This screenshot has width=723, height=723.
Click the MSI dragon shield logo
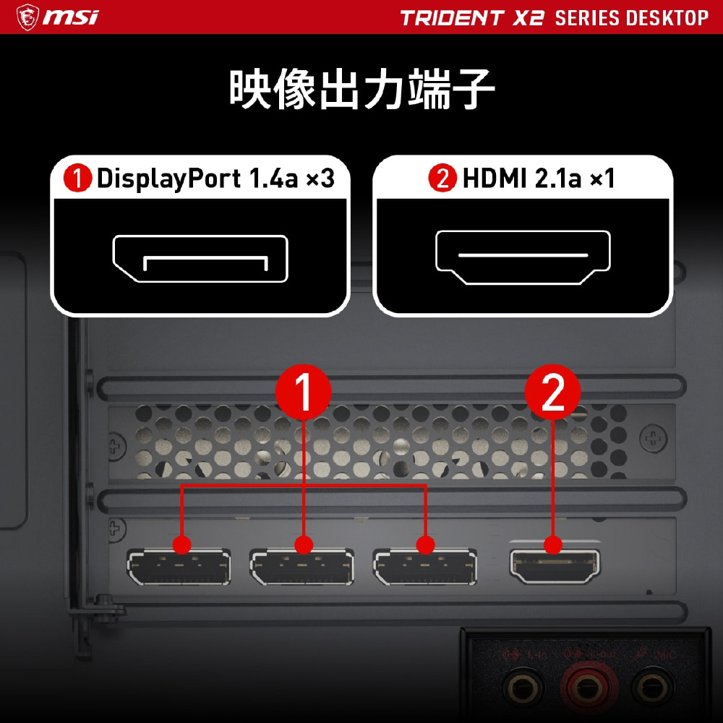click(27, 17)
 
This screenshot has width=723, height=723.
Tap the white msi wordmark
click(71, 18)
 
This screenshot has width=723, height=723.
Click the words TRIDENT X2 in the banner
click(472, 18)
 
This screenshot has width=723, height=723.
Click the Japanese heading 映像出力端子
click(361, 89)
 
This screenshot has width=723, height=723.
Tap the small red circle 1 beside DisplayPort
click(77, 178)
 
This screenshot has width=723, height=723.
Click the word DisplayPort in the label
click(168, 179)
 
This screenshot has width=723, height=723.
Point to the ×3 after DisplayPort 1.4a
click(321, 179)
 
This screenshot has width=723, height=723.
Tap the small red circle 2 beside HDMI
click(442, 178)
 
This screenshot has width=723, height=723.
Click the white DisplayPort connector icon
click(200, 258)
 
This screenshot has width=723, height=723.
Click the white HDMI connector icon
click(523, 257)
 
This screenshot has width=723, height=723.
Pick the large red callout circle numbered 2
click(553, 393)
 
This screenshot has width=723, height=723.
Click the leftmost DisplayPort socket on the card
click(179, 567)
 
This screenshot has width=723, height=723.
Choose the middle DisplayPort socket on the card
click(302, 567)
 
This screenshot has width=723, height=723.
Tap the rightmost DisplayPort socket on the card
click(425, 567)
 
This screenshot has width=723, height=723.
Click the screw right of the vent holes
click(653, 437)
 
